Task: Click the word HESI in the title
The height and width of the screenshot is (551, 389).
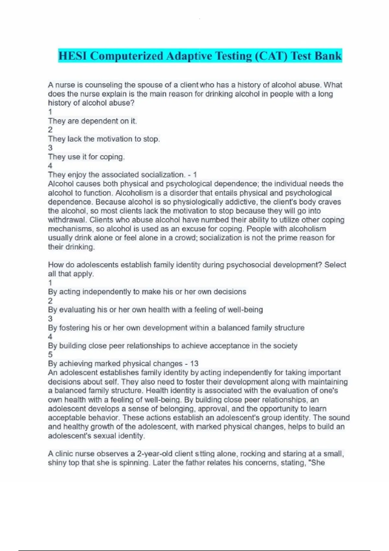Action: click(73, 56)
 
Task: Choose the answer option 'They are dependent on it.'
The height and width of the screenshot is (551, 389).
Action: click(92, 121)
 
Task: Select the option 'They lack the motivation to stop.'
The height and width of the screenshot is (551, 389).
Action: click(104, 139)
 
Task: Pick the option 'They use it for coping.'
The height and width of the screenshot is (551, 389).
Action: click(86, 157)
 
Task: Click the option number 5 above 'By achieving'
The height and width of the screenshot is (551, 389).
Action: click(50, 355)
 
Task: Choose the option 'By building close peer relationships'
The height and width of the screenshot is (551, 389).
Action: click(172, 346)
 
